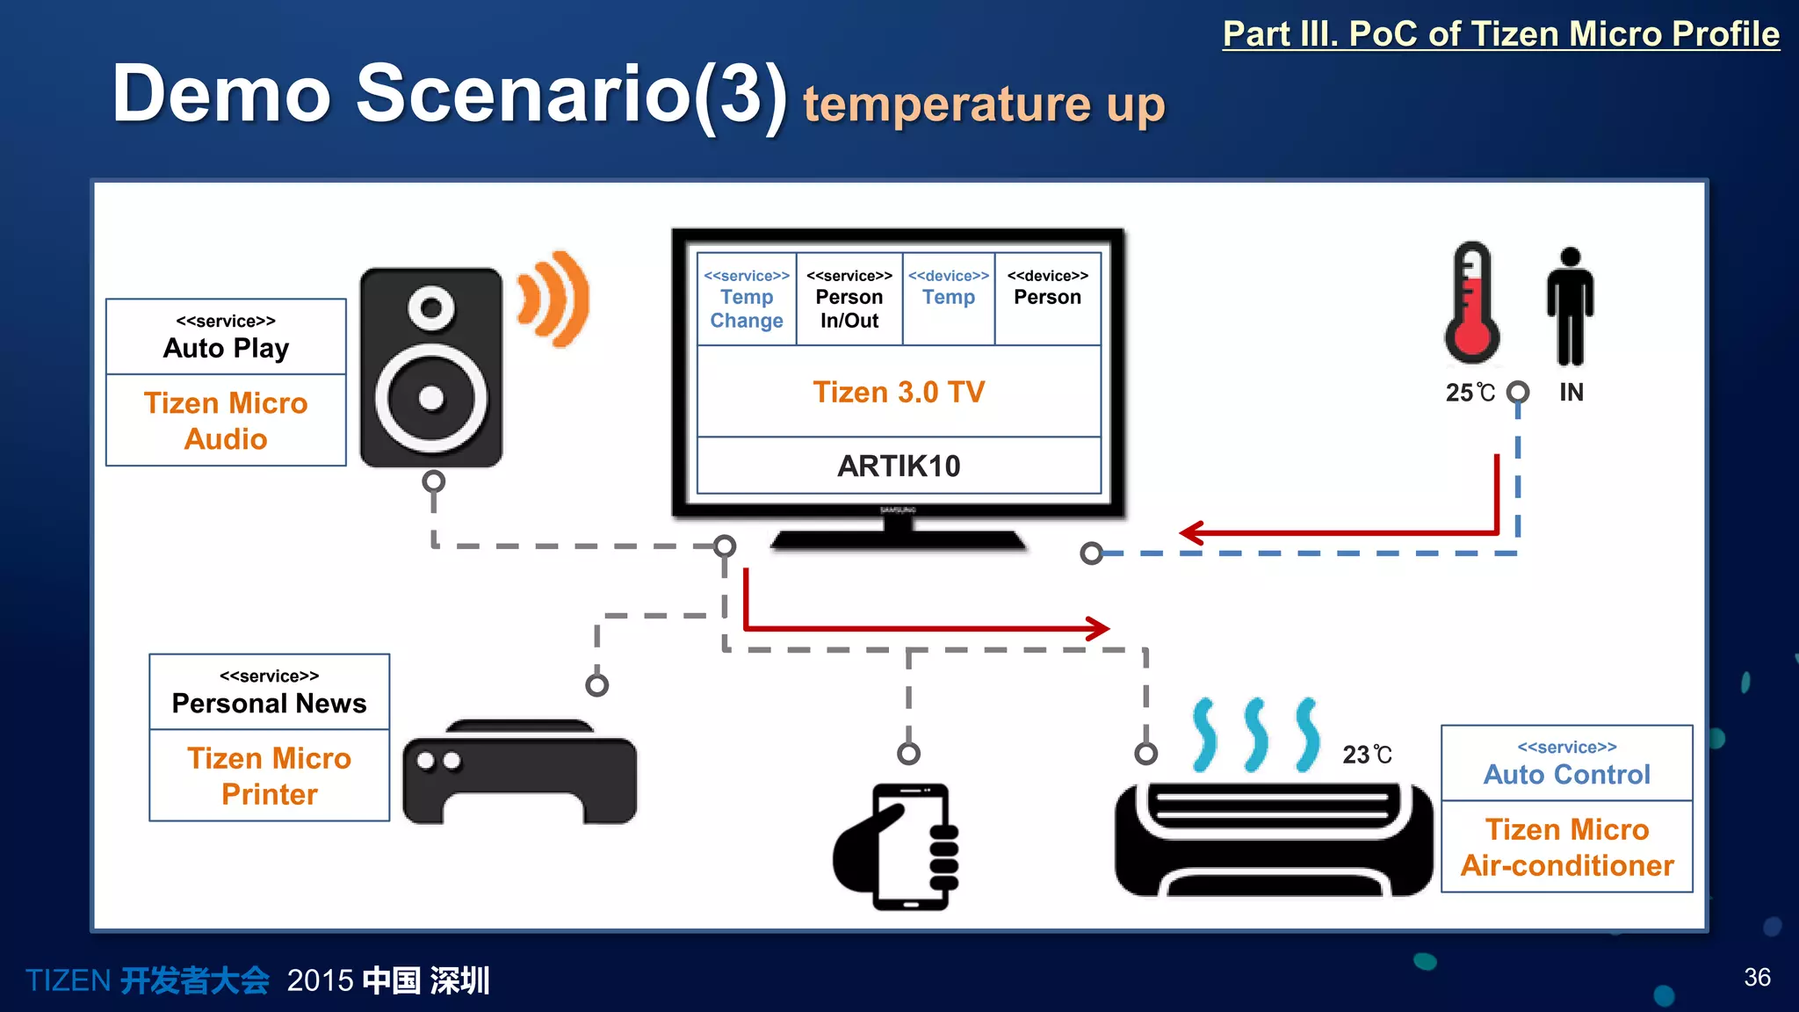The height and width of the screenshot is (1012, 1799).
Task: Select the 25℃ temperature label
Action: point(1470,393)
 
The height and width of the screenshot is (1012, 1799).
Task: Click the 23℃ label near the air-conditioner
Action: point(1367,755)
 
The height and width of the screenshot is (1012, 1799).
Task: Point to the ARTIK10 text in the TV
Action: point(898,466)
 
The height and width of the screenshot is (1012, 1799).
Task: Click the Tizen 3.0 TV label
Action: point(898,392)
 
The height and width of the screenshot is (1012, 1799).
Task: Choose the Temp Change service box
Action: point(747,299)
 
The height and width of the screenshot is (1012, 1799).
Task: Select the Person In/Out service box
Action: point(849,299)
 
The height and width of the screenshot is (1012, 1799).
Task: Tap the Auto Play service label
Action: point(226,337)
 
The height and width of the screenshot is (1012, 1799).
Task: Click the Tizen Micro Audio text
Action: point(226,421)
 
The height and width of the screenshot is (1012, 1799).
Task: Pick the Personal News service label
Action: point(269,693)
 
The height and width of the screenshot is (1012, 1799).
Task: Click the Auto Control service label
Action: point(1566,764)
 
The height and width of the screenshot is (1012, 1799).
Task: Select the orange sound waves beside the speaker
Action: point(553,299)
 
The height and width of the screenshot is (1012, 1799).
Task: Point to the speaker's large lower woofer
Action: point(431,398)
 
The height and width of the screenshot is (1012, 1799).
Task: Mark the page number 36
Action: point(1757,977)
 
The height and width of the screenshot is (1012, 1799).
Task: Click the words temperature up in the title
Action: point(983,104)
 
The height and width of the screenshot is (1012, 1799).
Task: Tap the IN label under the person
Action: point(1571,393)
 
